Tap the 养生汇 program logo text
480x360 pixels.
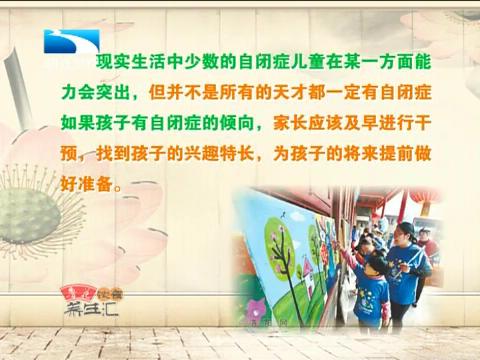point(78,319)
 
